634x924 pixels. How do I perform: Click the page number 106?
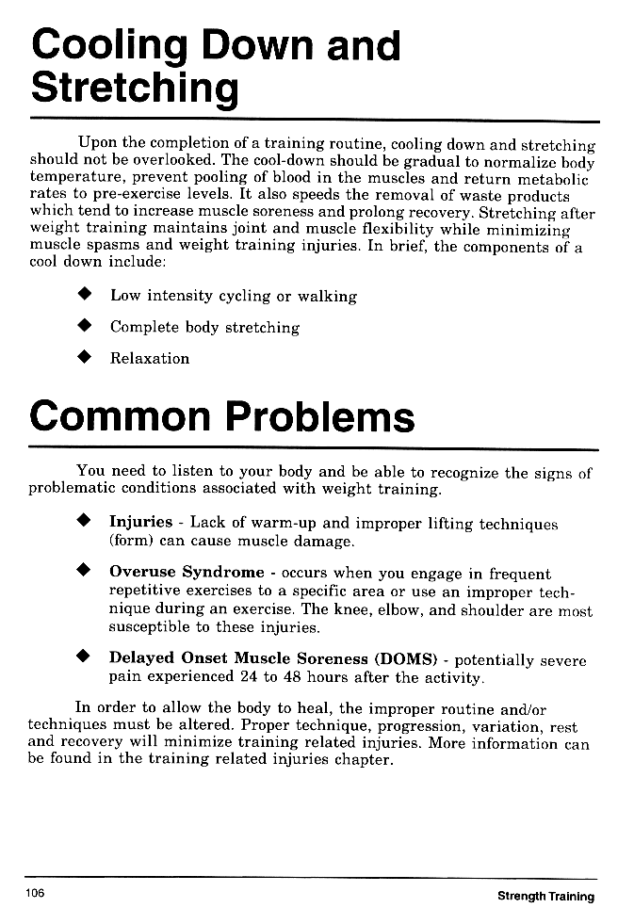click(36, 893)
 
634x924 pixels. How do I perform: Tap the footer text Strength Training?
click(545, 896)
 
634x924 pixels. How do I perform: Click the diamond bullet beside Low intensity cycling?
click(84, 296)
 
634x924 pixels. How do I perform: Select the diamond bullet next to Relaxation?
click(84, 358)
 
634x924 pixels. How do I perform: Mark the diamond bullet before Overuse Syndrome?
click(84, 572)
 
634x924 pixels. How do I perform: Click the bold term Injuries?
click(140, 522)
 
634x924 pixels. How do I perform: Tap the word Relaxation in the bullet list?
click(149, 358)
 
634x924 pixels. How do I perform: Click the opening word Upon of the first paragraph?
click(97, 144)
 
